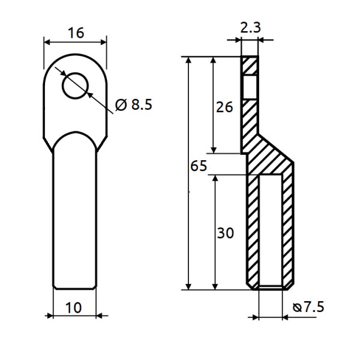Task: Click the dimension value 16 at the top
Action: pos(75,33)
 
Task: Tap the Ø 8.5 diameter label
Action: pos(134,104)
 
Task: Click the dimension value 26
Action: pos(224,107)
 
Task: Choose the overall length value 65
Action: pos(198,166)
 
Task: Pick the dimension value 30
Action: pos(224,233)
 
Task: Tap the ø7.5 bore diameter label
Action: pos(308,307)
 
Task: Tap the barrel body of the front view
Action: pos(74,216)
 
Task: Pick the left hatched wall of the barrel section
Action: pos(253,228)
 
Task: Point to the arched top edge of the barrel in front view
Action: pos(74,134)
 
